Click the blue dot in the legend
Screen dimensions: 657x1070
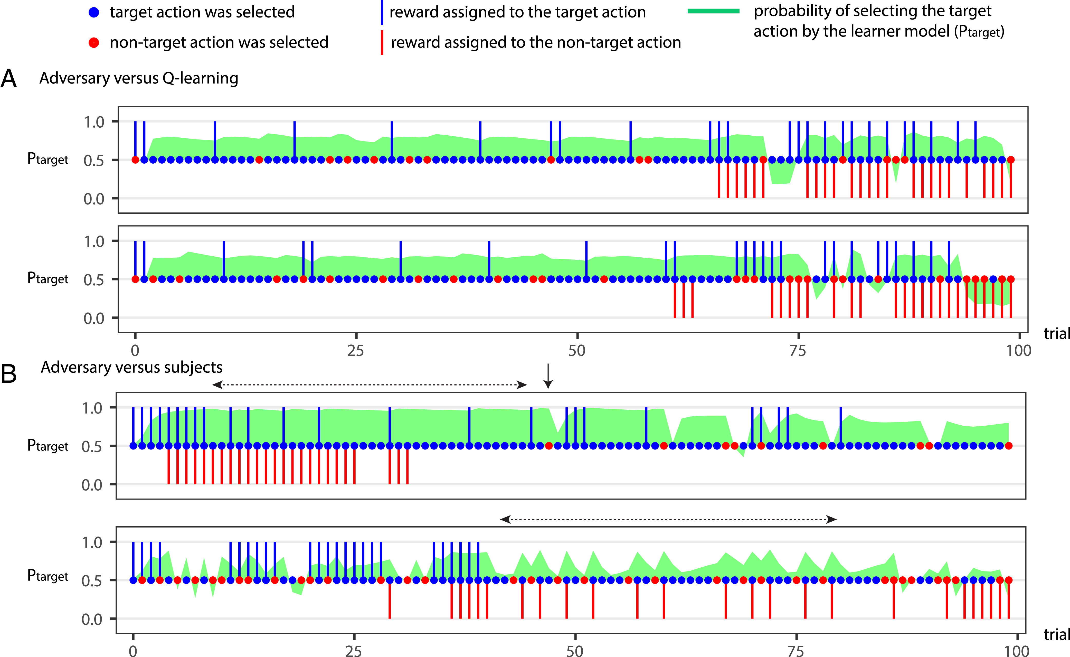click(x=94, y=12)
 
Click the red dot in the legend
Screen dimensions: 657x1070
click(x=94, y=43)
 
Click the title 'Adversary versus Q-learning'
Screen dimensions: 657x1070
click(x=139, y=78)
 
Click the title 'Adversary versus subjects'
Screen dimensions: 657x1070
click(x=132, y=368)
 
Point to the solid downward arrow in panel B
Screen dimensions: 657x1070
click(x=548, y=376)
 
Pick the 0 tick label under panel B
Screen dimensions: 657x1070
click(x=133, y=651)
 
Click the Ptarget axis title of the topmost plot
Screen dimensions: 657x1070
click(x=48, y=159)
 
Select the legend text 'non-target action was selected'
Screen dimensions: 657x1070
click(x=219, y=43)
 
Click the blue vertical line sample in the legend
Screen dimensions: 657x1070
click(x=382, y=12)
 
